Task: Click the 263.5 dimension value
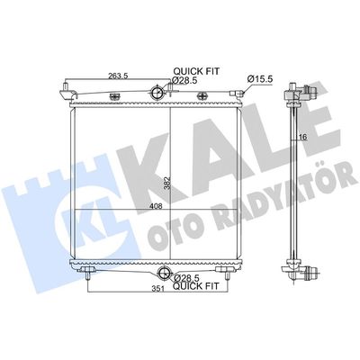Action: coord(118,76)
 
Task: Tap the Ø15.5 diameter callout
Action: coord(260,79)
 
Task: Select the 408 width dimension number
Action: coord(157,206)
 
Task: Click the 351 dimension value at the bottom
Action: coord(157,289)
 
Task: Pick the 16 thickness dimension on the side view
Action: coord(303,137)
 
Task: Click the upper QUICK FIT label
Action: coord(196,71)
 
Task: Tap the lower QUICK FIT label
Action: coord(196,286)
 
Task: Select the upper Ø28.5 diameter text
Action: coord(184,80)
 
